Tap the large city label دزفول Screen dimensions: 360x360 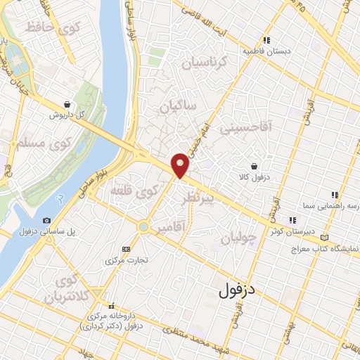coord(241,288)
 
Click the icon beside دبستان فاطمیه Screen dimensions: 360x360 coord(266,41)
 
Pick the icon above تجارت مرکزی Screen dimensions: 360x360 coord(127,249)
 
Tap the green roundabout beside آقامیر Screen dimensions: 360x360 coord(144,227)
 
